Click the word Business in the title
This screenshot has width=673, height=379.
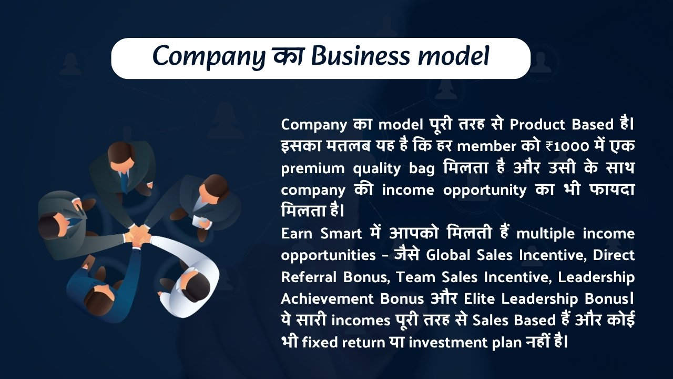point(360,56)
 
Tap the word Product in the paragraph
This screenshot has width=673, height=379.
point(537,125)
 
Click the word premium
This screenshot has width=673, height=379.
point(313,169)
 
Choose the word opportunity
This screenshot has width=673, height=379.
point(485,191)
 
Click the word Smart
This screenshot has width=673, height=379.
point(341,234)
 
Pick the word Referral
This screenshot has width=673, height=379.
point(309,277)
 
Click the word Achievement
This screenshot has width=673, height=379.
point(327,298)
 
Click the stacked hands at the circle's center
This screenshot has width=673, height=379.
point(138,235)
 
